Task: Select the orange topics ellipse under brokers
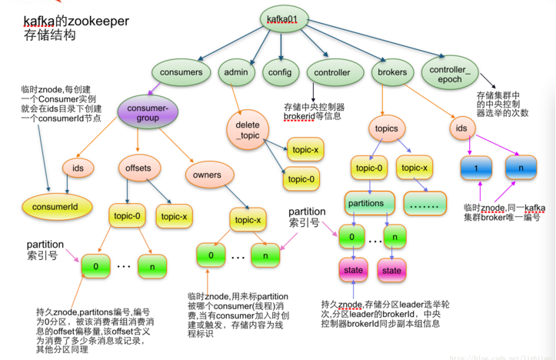point(389,128)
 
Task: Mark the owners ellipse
point(207,175)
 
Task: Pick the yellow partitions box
point(365,203)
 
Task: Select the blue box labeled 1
point(477,168)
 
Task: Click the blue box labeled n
point(521,168)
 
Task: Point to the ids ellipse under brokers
point(461,128)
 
